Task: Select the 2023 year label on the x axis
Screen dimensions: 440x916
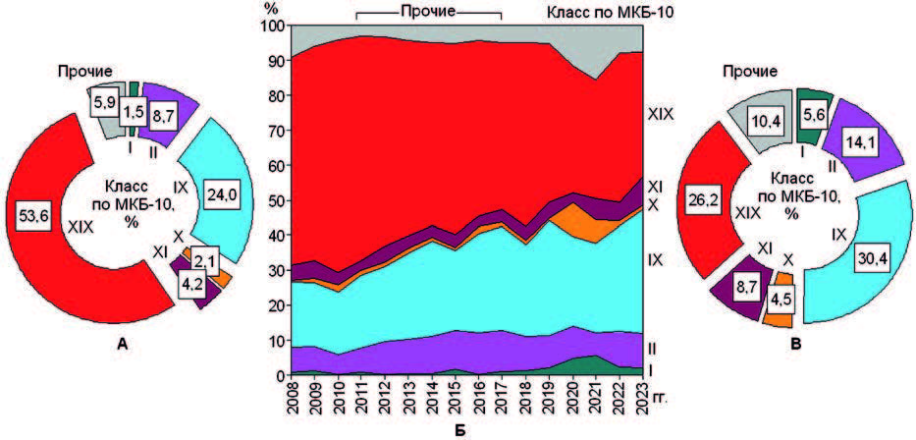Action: point(642,403)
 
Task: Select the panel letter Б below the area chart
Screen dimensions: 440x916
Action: point(458,429)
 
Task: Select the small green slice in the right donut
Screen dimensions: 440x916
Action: point(814,100)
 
